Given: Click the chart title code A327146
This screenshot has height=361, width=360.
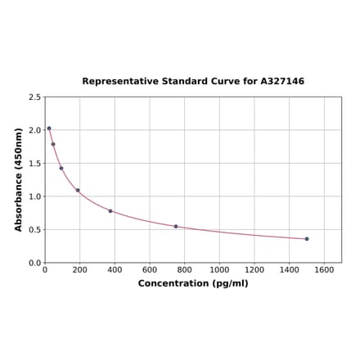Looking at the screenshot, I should [x=282, y=82].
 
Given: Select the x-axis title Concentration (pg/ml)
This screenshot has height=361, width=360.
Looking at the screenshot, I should [x=193, y=283].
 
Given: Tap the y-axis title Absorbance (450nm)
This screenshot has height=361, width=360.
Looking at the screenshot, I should [x=19, y=179].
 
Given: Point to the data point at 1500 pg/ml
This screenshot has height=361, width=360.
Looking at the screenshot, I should [x=307, y=239].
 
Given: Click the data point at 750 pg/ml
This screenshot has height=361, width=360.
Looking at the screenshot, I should [x=176, y=226].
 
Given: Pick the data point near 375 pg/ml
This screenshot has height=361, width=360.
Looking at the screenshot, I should [x=110, y=211].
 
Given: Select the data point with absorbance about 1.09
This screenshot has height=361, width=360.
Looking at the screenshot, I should [x=78, y=191].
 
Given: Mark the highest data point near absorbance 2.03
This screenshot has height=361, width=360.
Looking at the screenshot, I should [x=49, y=128].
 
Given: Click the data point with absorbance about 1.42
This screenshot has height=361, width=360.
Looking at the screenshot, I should [x=61, y=169].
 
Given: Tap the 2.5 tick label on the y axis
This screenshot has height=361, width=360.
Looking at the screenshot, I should [x=34, y=97].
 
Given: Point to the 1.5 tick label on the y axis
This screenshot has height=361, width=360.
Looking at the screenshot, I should [x=34, y=163].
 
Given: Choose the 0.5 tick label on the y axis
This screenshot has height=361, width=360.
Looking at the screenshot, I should [x=34, y=229].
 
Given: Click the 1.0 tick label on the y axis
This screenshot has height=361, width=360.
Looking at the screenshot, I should [x=34, y=196].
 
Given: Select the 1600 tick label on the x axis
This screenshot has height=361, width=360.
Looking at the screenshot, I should [x=324, y=269].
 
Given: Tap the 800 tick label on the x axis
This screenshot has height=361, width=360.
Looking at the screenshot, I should [x=185, y=269].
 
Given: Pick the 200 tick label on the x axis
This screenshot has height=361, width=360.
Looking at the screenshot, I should [x=80, y=269].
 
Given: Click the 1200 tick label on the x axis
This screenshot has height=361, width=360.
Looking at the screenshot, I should [x=254, y=269].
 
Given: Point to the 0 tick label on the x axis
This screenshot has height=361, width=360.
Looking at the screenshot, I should [x=45, y=269].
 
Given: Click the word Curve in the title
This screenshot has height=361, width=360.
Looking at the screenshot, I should [x=229, y=82].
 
